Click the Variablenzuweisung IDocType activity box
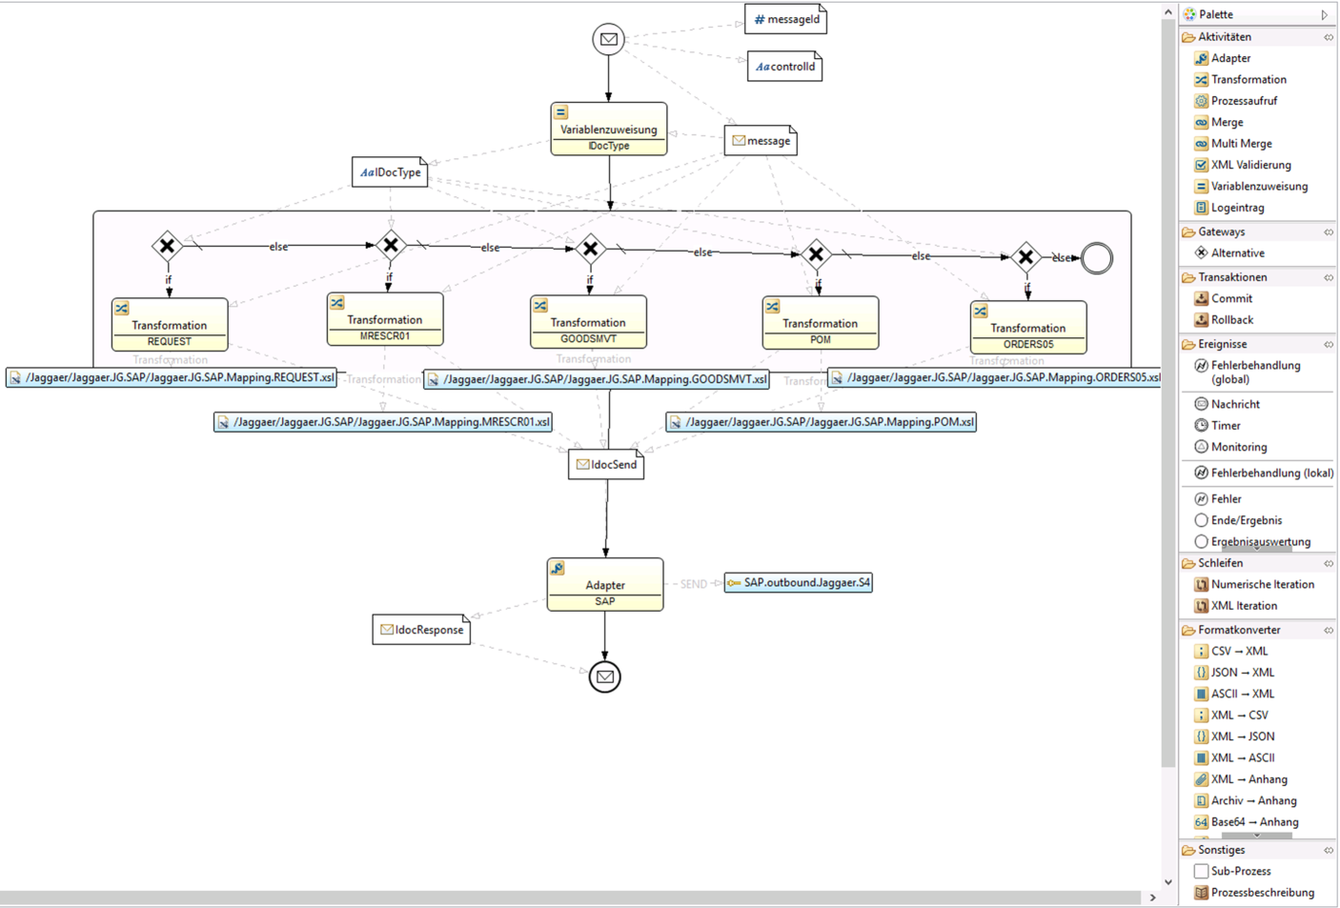608,130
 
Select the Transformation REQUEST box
170,325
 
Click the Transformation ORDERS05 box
1027,328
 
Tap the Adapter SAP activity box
605,585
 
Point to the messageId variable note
785,19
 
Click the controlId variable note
784,67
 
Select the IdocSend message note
606,465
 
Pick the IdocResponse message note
421,630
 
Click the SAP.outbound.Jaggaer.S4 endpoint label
799,582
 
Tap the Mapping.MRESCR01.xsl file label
383,422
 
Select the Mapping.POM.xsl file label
822,422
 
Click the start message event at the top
608,39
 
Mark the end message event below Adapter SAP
604,676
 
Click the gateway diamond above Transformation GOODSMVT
591,249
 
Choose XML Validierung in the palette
1250,165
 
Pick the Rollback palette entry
1231,320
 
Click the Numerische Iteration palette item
1262,584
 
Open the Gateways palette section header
1221,232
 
